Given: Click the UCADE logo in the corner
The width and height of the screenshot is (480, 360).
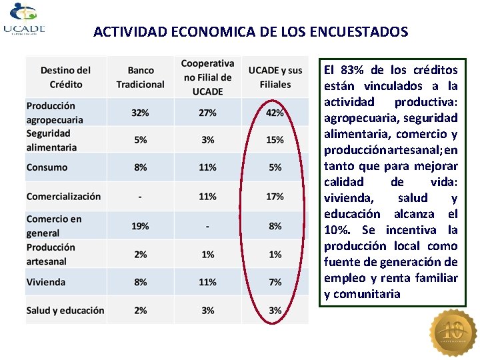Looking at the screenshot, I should (x=24, y=20).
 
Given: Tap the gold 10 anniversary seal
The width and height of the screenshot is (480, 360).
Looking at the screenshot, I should (x=453, y=332).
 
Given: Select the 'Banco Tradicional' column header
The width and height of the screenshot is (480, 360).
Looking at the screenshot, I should (x=140, y=77).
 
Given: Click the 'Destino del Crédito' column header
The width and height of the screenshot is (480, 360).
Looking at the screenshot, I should (x=65, y=77).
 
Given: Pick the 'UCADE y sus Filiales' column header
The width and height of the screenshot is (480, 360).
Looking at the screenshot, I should (x=275, y=77).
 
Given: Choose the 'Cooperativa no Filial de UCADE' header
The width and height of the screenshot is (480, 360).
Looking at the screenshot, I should (x=207, y=77).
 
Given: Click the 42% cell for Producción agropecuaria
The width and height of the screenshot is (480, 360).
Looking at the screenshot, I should (x=275, y=113).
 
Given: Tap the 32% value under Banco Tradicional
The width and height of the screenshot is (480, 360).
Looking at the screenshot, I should (x=140, y=113).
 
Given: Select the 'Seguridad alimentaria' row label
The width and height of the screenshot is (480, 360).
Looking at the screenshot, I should (x=51, y=140).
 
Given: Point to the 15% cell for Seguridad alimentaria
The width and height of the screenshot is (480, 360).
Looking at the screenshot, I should (x=275, y=140).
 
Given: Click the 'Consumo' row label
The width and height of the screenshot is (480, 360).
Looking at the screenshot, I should (x=47, y=167).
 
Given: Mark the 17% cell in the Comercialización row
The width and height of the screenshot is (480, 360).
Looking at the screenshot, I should (x=275, y=197).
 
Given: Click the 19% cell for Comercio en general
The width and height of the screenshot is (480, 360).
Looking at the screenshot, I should (x=140, y=226).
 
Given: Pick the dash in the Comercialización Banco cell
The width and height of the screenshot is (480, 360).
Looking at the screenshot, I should (x=140, y=197).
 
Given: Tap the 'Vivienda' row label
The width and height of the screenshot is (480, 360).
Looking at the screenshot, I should (x=46, y=282).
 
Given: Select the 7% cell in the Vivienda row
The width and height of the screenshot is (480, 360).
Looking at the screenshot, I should (x=275, y=282).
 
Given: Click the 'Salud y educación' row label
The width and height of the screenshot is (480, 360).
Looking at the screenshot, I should (x=65, y=310).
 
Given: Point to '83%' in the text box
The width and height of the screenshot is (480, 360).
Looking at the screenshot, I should (x=352, y=70).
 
